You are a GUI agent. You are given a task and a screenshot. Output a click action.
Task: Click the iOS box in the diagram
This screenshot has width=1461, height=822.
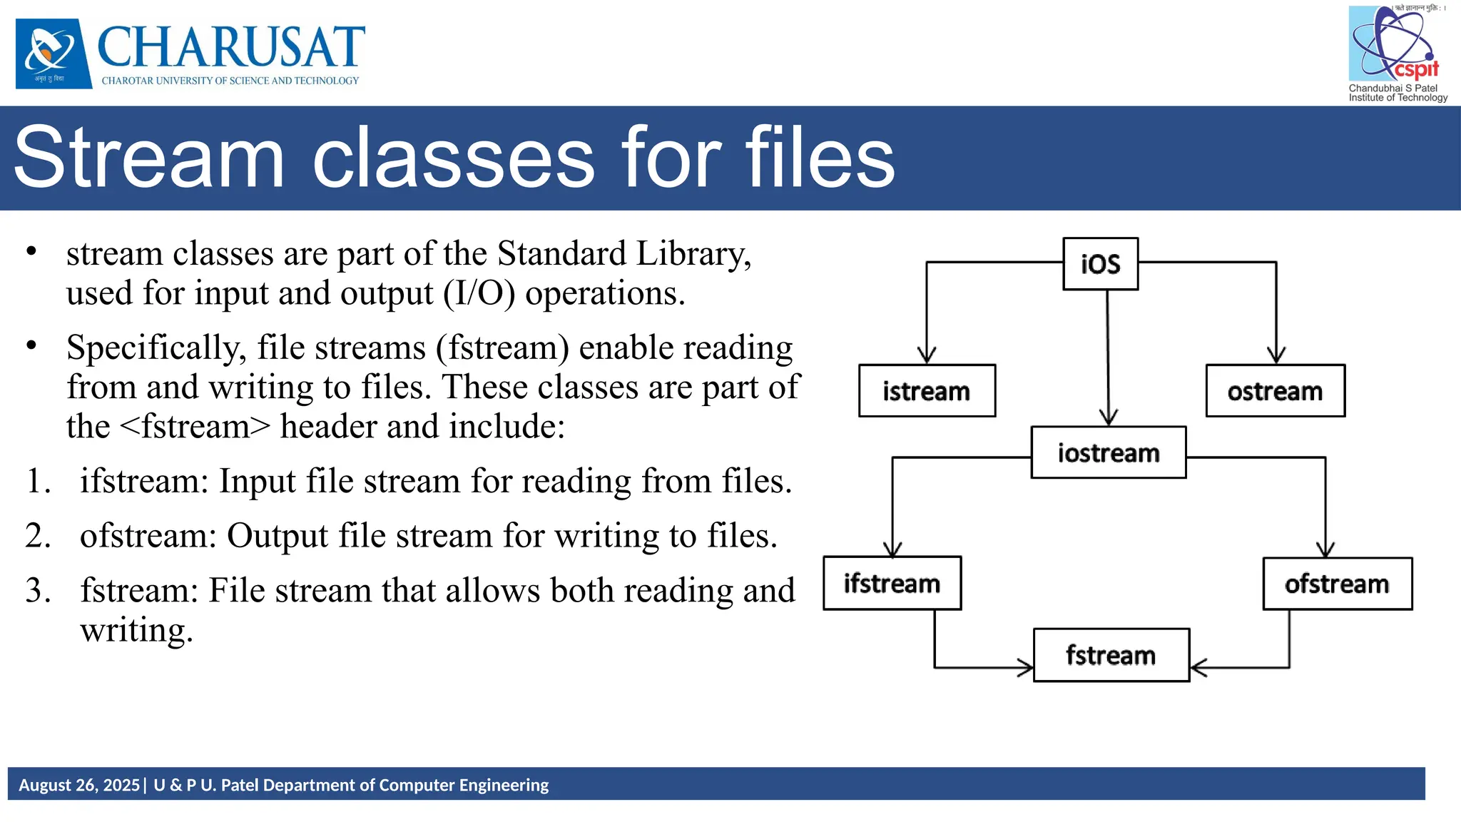coord(1100,264)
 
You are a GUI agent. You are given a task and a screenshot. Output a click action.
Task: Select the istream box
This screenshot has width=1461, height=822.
coord(927,391)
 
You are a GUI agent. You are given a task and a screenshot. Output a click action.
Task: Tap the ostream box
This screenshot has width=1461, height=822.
coord(1275,391)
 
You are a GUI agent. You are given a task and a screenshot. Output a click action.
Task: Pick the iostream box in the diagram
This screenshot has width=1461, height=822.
coord(1109,452)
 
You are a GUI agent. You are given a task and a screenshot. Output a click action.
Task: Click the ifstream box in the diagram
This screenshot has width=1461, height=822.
coord(892,583)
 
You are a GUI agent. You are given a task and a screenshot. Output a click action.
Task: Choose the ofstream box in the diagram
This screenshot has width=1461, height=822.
coord(1337,584)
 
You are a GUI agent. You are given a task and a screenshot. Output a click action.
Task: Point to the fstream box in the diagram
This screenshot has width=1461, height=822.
coord(1111,655)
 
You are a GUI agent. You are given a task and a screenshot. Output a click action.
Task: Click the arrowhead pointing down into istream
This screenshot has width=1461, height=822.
coord(927,355)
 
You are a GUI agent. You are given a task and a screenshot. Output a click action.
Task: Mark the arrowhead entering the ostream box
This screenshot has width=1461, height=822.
coord(1276,355)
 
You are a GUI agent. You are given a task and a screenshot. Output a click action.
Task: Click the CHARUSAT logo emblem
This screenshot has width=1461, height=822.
coord(54,54)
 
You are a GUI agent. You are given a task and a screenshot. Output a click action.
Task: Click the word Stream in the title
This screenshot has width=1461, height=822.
coord(150,158)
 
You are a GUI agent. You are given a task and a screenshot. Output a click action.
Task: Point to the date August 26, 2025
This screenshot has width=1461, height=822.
coord(79,785)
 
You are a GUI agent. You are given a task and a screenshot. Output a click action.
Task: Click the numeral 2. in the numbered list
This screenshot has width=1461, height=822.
coord(38,535)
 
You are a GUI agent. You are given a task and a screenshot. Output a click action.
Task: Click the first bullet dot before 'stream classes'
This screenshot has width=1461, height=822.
coord(31,251)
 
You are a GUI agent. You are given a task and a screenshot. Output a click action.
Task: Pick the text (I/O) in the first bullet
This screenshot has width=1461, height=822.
coord(479,293)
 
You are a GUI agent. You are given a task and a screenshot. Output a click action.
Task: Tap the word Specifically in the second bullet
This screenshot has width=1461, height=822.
coord(156,348)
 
